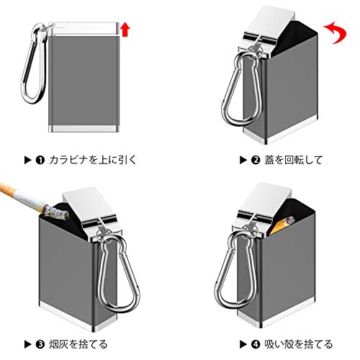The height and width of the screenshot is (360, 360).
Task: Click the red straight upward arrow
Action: click(x=125, y=30)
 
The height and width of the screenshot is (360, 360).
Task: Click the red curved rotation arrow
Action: click(x=337, y=32)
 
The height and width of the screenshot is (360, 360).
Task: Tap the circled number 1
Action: click(x=40, y=160)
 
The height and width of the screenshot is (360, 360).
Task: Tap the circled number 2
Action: click(x=256, y=160)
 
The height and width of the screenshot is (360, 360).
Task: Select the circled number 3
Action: click(x=40, y=344)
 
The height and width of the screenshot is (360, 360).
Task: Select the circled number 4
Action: click(x=256, y=344)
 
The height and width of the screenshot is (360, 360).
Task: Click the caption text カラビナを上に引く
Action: click(x=93, y=160)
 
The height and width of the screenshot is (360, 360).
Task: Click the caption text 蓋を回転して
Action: click(x=293, y=160)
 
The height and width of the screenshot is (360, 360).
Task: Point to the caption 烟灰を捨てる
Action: click(x=78, y=344)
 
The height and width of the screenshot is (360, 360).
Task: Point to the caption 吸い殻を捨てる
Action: click(x=298, y=344)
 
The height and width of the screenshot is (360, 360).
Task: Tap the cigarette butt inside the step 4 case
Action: click(x=283, y=224)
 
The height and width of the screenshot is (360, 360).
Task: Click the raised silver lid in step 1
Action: click(x=84, y=29)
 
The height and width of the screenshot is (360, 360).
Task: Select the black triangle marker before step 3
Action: click(x=28, y=344)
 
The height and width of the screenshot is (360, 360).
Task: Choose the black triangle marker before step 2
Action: click(x=243, y=160)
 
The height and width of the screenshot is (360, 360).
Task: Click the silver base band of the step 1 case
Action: click(x=84, y=129)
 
